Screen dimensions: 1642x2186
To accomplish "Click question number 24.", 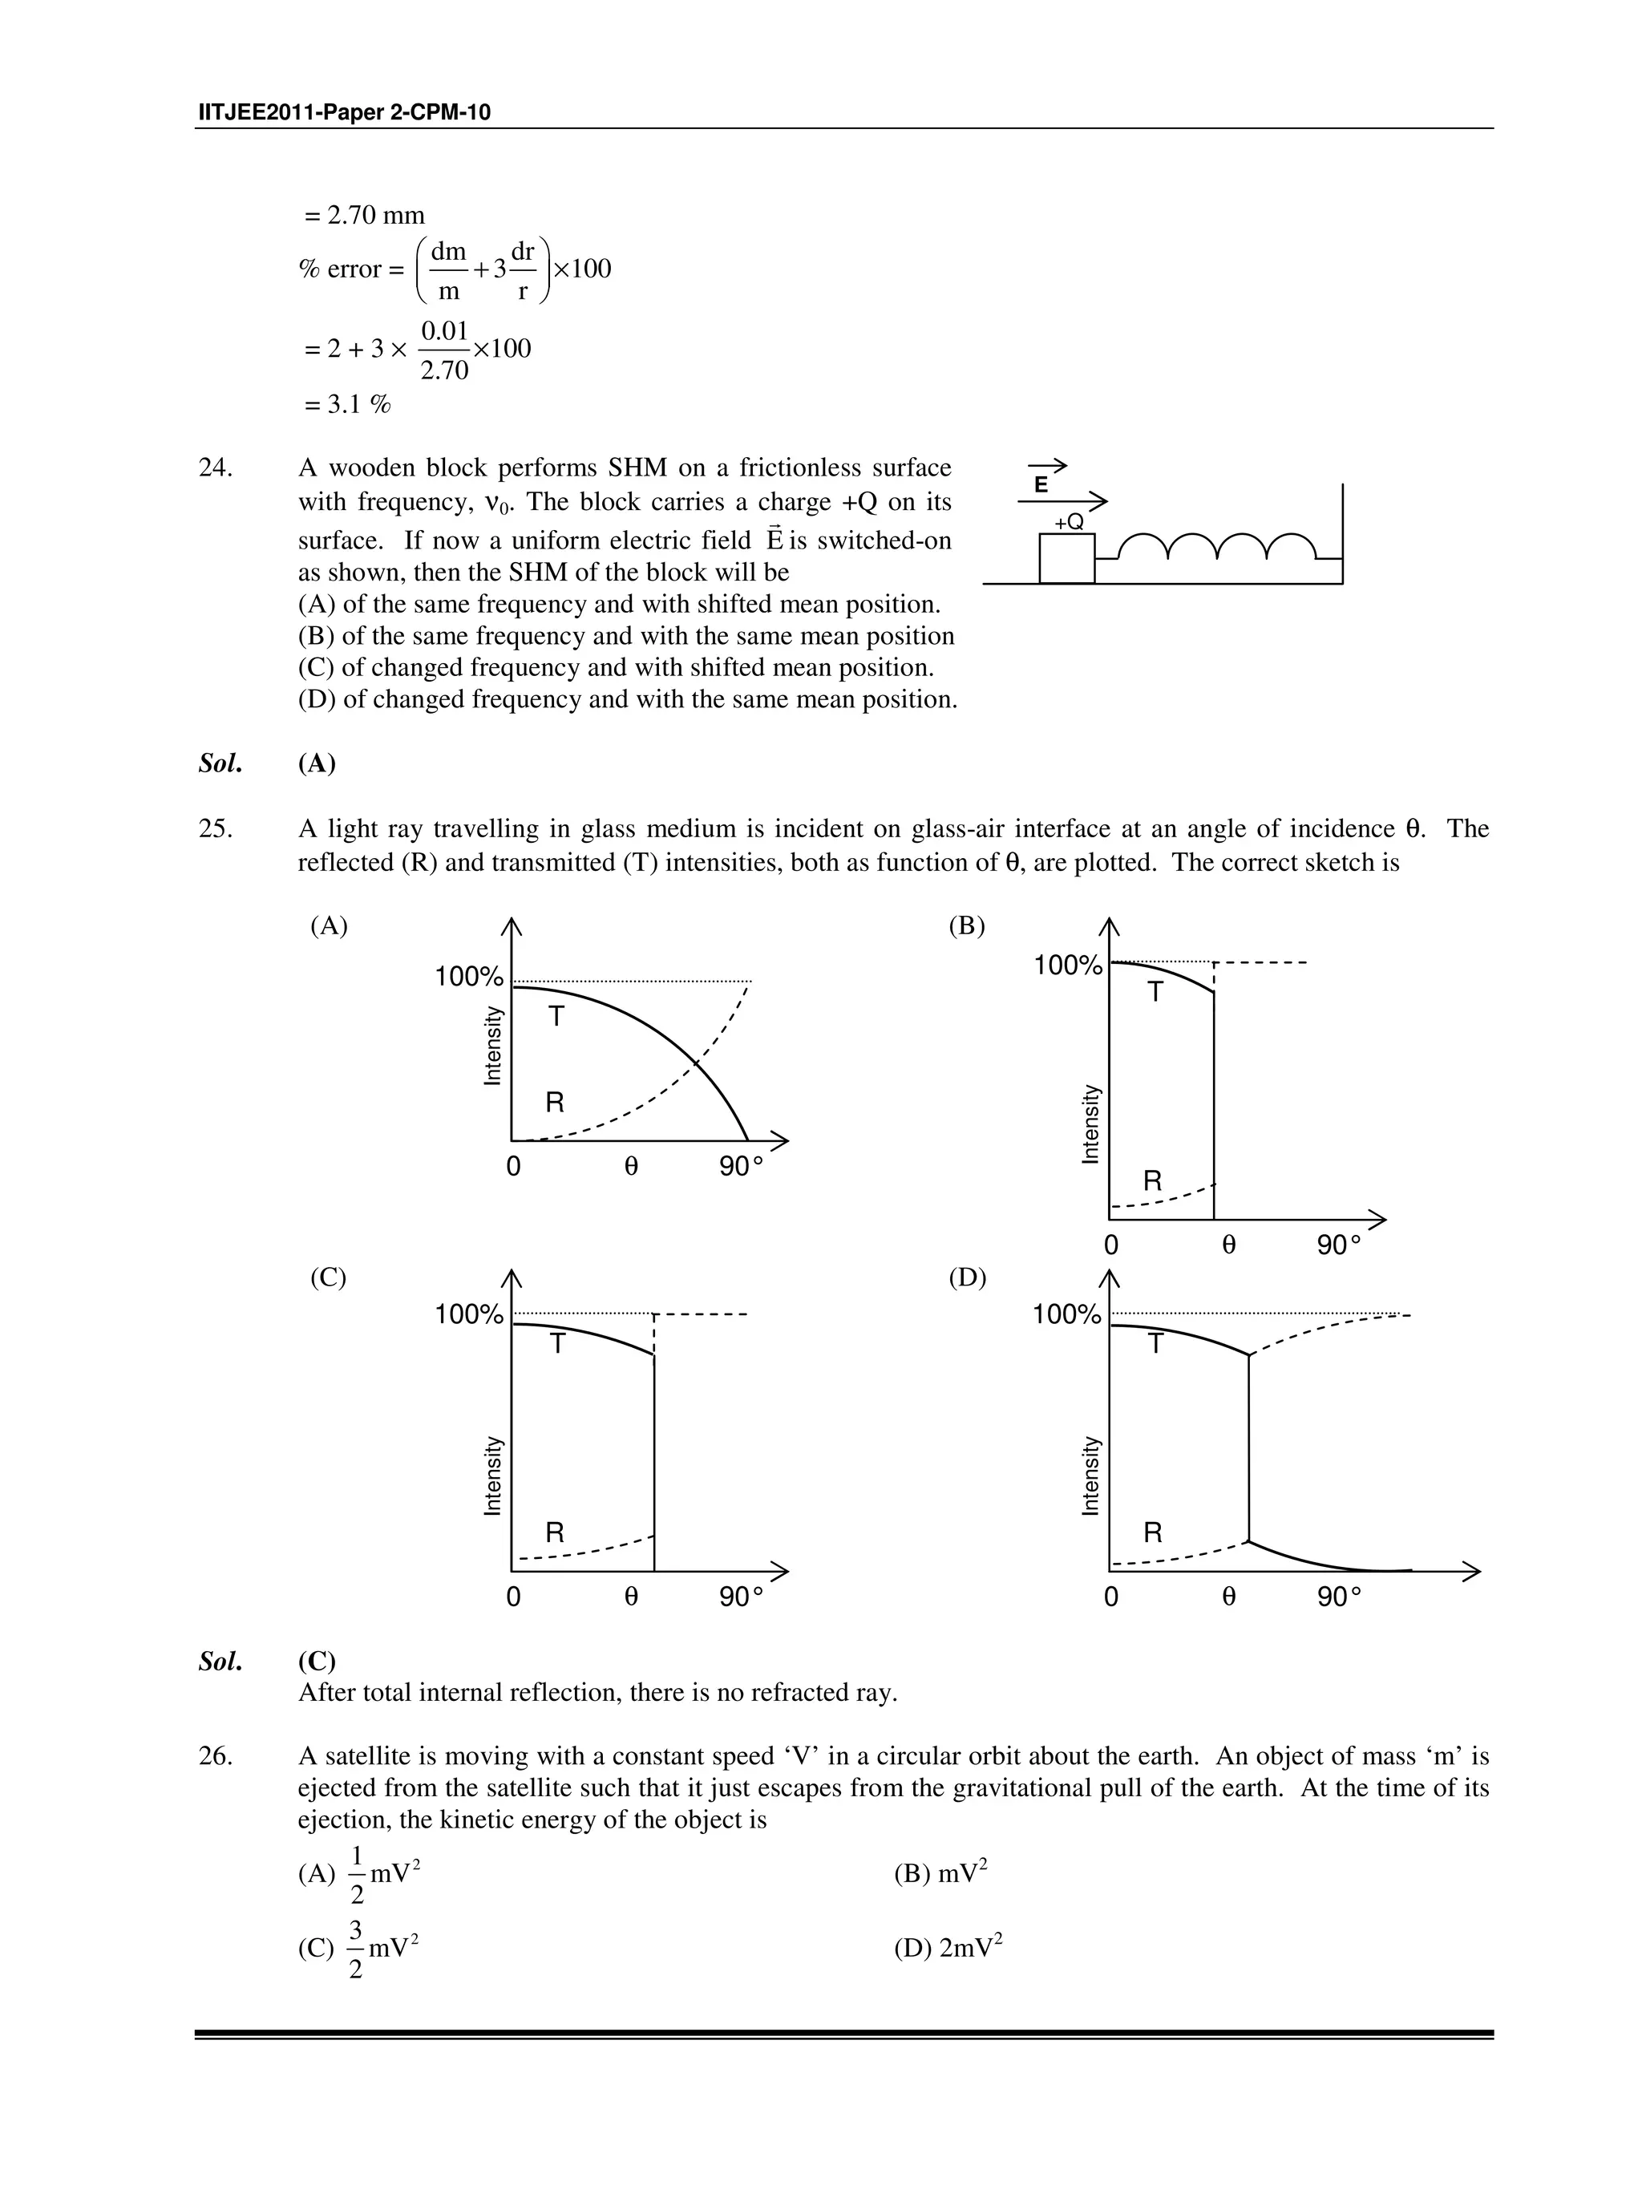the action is pyautogui.click(x=216, y=468).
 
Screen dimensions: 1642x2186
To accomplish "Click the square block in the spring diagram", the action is pyautogui.click(x=1066, y=558).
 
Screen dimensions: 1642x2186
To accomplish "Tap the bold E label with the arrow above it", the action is pyautogui.click(x=1041, y=484).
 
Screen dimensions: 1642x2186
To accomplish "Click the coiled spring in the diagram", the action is pyautogui.click(x=1215, y=548).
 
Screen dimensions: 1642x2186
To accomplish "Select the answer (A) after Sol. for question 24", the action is pyautogui.click(x=316, y=764).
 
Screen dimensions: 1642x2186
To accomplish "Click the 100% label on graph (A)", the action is pyautogui.click(x=469, y=978).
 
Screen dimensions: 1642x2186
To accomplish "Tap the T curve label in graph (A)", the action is pyautogui.click(x=556, y=1016).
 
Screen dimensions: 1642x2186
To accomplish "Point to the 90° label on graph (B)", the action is pyautogui.click(x=1337, y=1245).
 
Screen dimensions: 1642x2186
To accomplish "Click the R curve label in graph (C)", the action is pyautogui.click(x=556, y=1532).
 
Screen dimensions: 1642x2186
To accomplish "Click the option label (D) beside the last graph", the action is pyautogui.click(x=967, y=1277).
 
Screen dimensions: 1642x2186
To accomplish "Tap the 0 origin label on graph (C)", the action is pyautogui.click(x=513, y=1597).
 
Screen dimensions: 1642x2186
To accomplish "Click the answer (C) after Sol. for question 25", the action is pyautogui.click(x=316, y=1662).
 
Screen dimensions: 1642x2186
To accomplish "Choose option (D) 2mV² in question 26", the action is pyautogui.click(x=948, y=1948).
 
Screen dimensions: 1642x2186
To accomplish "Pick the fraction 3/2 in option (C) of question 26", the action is pyautogui.click(x=356, y=1949).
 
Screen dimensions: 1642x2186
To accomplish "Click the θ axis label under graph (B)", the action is pyautogui.click(x=1228, y=1245).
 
